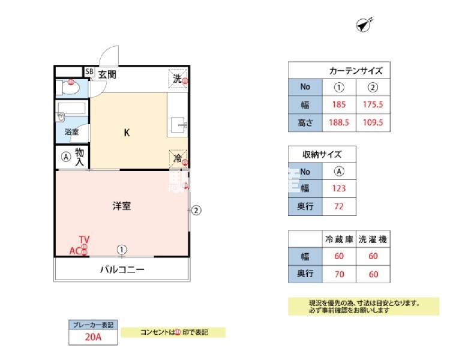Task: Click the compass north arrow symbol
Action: [363, 25]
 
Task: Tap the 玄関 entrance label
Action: [107, 75]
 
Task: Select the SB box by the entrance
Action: [89, 72]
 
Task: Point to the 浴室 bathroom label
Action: [72, 132]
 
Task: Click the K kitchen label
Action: [127, 133]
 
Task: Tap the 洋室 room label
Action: [122, 206]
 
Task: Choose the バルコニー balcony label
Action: [122, 269]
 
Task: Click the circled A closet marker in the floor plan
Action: [66, 157]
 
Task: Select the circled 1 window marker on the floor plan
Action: [122, 249]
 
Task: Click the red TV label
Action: [84, 240]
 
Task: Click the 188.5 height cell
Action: [340, 123]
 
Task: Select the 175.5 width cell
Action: [373, 104]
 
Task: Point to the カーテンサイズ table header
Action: [356, 70]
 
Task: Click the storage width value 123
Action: [340, 189]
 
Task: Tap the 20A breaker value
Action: [93, 337]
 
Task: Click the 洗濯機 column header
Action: [373, 239]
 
